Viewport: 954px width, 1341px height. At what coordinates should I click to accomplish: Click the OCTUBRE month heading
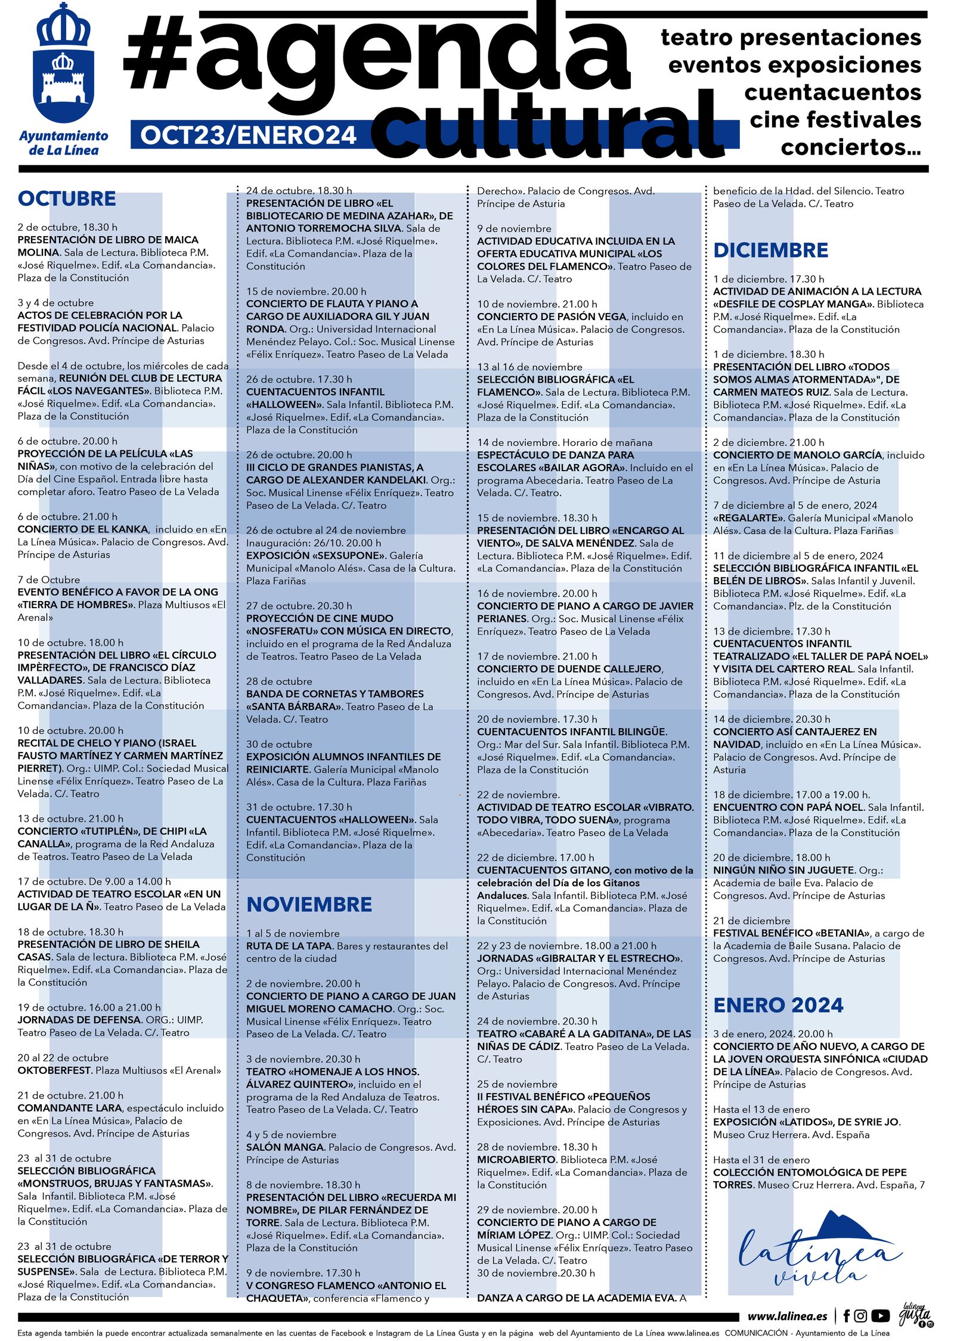pos(67,199)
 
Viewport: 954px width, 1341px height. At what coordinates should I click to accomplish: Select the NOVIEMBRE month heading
pos(309,905)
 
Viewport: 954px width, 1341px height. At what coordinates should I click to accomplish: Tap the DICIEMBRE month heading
pos(770,250)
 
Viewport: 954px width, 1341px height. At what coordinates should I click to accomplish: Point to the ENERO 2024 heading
pos(778,1005)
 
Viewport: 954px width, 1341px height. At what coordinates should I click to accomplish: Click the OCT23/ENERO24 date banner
pos(249,135)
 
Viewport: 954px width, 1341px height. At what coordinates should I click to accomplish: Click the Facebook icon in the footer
pos(846,1316)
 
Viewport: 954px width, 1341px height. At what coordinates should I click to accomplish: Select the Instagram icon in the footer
pos(860,1316)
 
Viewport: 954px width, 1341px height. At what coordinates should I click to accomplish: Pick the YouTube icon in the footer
pos(880,1316)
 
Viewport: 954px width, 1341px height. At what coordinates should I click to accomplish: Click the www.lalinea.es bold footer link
pos(787,1317)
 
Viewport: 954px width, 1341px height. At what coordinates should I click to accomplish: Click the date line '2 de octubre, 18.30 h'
pos(67,227)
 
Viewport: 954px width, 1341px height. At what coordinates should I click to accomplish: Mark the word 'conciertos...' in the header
pos(850,147)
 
